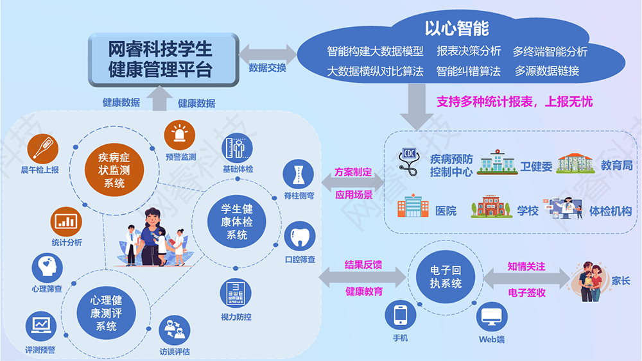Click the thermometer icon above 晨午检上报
pyautogui.click(x=43, y=149)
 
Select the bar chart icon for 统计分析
pyautogui.click(x=66, y=222)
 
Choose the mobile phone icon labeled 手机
pyautogui.click(x=400, y=315)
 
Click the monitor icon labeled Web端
pyautogui.click(x=492, y=317)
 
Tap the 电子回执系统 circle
pyautogui.click(x=446, y=276)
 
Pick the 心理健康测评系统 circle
pyautogui.click(x=107, y=313)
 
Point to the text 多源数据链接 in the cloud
pyautogui.click(x=546, y=71)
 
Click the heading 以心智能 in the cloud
pyautogui.click(x=456, y=29)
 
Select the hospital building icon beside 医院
pyautogui.click(x=412, y=206)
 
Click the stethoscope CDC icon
pyautogui.click(x=408, y=162)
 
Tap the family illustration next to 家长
pyautogui.click(x=588, y=280)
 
